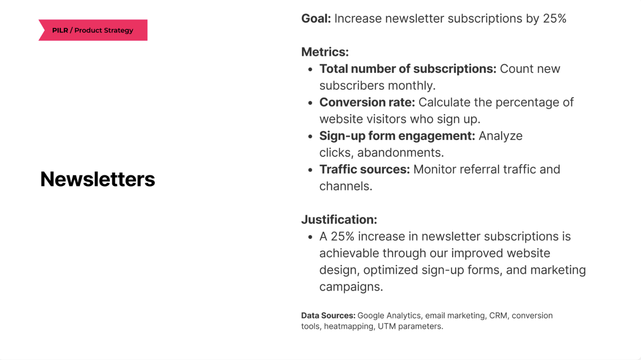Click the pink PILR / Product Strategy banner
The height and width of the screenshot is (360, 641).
pos(93,30)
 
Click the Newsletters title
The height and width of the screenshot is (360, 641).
pos(97,179)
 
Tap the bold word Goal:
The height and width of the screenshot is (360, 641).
pos(316,19)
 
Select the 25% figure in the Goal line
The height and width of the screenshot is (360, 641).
pos(554,19)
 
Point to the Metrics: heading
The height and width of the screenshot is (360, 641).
pos(325,52)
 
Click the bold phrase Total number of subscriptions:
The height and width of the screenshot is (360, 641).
pos(408,69)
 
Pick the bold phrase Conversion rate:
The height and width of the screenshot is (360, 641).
pos(367,102)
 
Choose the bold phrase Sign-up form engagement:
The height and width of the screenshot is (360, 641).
pos(397,136)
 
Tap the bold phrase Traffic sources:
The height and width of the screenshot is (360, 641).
pos(365,169)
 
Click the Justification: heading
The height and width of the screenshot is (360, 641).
pos(339,219)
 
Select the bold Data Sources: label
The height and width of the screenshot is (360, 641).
pos(328,316)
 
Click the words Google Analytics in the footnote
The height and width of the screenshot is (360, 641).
pos(389,316)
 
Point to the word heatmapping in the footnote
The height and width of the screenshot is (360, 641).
pos(349,326)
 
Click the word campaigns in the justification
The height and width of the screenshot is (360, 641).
pos(351,287)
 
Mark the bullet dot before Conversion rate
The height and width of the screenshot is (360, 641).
pos(310,103)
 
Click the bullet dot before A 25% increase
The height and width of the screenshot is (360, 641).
pos(310,237)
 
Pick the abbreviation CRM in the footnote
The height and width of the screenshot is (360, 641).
pos(498,316)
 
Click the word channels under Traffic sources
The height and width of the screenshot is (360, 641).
pos(345,186)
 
